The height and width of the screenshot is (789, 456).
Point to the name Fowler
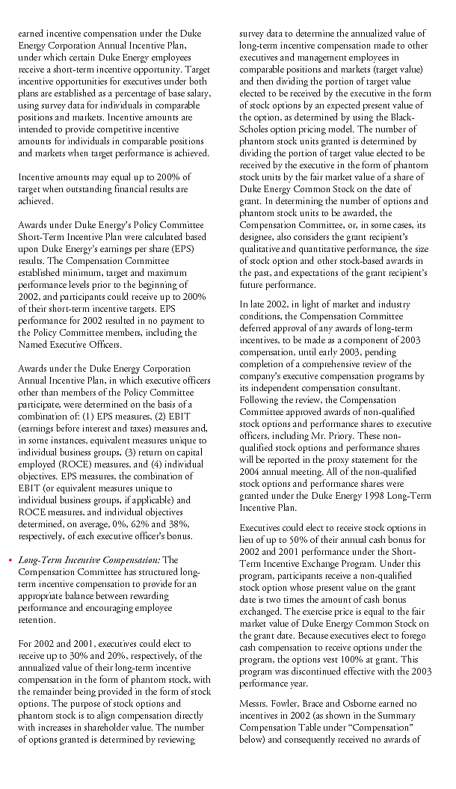pos(292,704)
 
